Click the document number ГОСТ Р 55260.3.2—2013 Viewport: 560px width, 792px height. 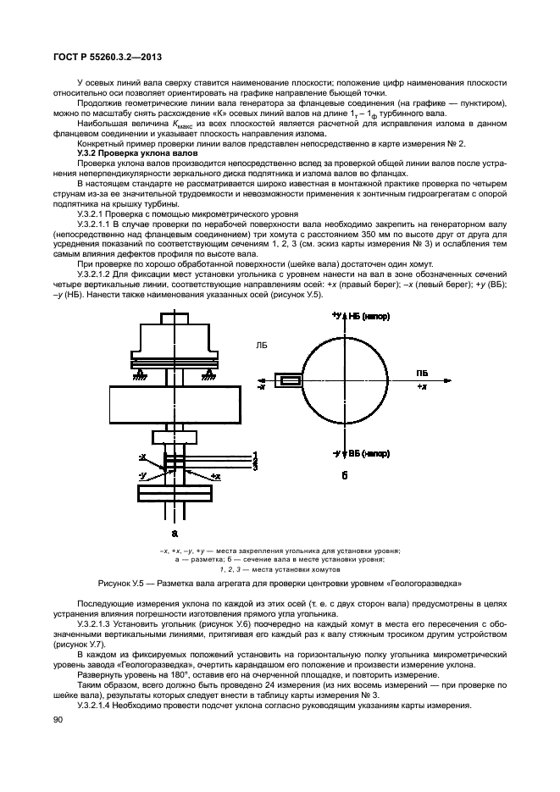coord(101,56)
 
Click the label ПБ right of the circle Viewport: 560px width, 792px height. coord(421,372)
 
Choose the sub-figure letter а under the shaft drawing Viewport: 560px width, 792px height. coord(175,534)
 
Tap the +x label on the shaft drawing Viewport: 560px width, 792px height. coord(215,477)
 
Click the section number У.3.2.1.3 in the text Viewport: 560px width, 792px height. coord(99,623)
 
